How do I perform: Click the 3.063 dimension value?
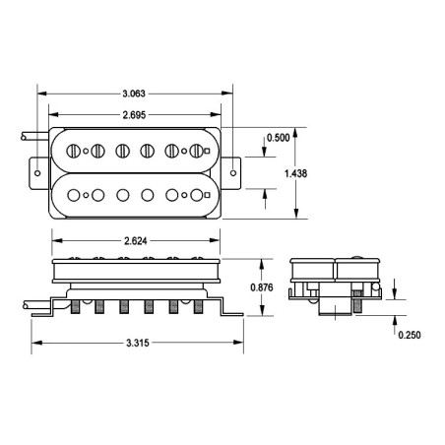(x=134, y=94)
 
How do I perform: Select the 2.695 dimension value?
(x=134, y=115)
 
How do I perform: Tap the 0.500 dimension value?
(x=278, y=138)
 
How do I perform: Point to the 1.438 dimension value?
(x=295, y=173)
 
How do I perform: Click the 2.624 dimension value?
(x=136, y=241)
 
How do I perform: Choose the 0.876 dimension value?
(x=262, y=287)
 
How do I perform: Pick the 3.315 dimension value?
(x=138, y=343)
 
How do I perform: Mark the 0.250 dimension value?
(x=410, y=335)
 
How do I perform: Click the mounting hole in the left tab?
(x=37, y=173)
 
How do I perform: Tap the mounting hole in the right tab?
(x=233, y=173)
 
